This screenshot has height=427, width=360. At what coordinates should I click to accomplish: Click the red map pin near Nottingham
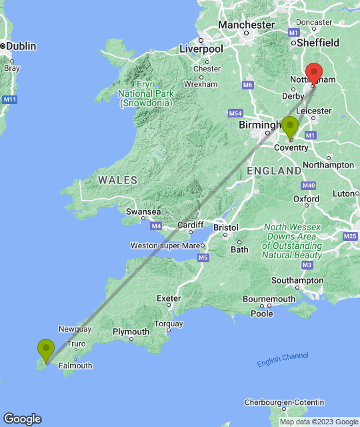[313, 73]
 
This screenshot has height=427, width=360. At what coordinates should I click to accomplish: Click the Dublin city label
[21, 46]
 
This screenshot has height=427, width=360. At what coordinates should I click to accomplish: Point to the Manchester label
[246, 25]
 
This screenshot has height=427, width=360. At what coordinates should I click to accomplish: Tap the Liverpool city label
[201, 49]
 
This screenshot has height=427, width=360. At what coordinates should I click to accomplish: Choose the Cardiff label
[190, 225]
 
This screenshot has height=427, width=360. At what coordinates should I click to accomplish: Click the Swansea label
[143, 212]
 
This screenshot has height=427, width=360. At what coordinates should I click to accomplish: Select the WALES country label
[117, 180]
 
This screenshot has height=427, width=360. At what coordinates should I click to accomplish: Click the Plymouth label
[131, 332]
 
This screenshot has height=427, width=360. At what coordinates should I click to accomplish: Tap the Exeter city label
[169, 298]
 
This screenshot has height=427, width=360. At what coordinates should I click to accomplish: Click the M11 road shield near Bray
[9, 99]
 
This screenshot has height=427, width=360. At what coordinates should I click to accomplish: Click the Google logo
[21, 418]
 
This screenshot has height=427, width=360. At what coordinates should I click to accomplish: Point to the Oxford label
[307, 199]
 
